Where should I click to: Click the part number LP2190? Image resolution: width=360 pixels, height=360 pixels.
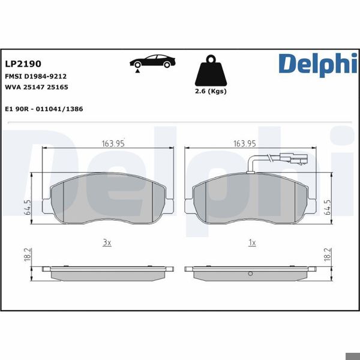pyautogui.click(x=23, y=63)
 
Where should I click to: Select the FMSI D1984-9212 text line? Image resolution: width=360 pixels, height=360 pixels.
pyautogui.click(x=35, y=77)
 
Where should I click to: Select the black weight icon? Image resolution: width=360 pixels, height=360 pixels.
pyautogui.click(x=210, y=71)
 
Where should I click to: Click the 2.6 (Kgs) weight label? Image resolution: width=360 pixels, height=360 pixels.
pyautogui.click(x=211, y=92)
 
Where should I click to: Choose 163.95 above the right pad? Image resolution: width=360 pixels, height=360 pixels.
pyautogui.click(x=245, y=143)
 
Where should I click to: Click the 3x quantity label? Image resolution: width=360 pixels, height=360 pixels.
pyautogui.click(x=107, y=242)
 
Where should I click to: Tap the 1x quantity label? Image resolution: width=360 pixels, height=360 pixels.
pyautogui.click(x=252, y=242)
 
